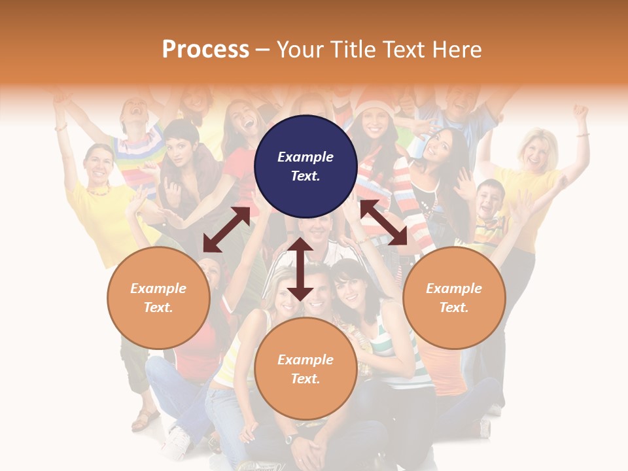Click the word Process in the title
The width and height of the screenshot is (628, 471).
click(x=205, y=50)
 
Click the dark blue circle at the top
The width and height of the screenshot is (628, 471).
click(x=305, y=167)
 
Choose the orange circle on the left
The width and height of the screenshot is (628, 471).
click(x=158, y=298)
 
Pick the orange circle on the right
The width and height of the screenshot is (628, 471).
click(x=454, y=298)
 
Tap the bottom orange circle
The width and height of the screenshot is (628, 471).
click(x=305, y=369)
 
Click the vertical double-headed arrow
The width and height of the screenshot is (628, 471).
click(x=300, y=269)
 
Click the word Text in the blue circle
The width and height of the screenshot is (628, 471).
click(x=305, y=177)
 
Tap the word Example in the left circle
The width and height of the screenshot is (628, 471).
click(x=158, y=288)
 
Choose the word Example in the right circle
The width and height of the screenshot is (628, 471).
click(x=454, y=288)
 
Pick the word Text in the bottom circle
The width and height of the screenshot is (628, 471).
click(x=305, y=379)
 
